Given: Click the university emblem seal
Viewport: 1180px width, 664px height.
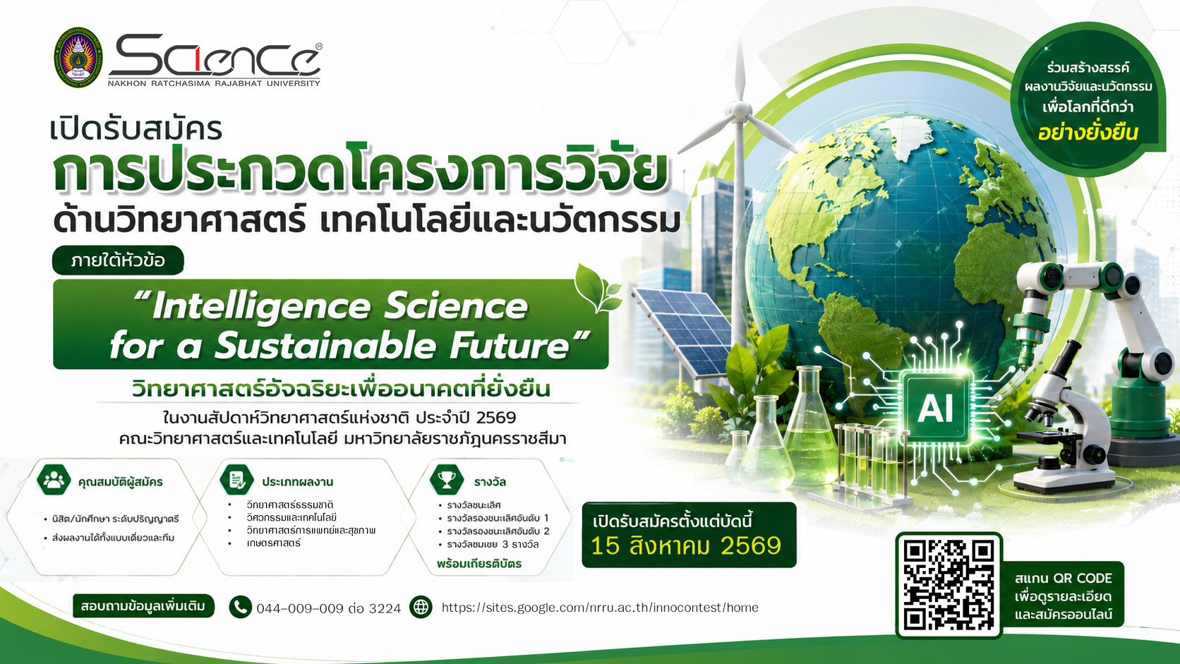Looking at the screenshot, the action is pyautogui.click(x=78, y=57).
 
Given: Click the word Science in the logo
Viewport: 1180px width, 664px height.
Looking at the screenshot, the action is pyautogui.click(x=215, y=56).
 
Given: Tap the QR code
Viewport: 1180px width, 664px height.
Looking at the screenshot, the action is pyautogui.click(x=949, y=585).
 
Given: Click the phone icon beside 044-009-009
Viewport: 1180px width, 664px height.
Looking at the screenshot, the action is pyautogui.click(x=240, y=607).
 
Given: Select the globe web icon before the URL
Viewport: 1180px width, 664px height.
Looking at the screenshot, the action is pyautogui.click(x=421, y=607).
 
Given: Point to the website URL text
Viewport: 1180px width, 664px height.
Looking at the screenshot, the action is pyautogui.click(x=600, y=608).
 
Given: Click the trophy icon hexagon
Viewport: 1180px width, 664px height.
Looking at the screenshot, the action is pyautogui.click(x=447, y=479).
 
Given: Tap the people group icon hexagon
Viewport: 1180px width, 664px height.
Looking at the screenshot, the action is pyautogui.click(x=54, y=479).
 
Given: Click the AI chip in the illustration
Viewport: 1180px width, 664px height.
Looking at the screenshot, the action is pyautogui.click(x=936, y=408).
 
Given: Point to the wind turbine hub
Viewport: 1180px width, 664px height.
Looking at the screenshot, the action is pyautogui.click(x=740, y=110).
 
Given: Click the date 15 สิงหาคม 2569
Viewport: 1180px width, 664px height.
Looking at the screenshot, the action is pyautogui.click(x=686, y=546).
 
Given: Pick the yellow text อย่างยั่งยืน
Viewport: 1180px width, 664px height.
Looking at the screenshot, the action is pyautogui.click(x=1088, y=132).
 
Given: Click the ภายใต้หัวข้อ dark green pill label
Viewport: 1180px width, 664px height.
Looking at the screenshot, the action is pyautogui.click(x=118, y=260).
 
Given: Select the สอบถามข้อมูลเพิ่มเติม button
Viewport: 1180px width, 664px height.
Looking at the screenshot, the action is pyautogui.click(x=143, y=606).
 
